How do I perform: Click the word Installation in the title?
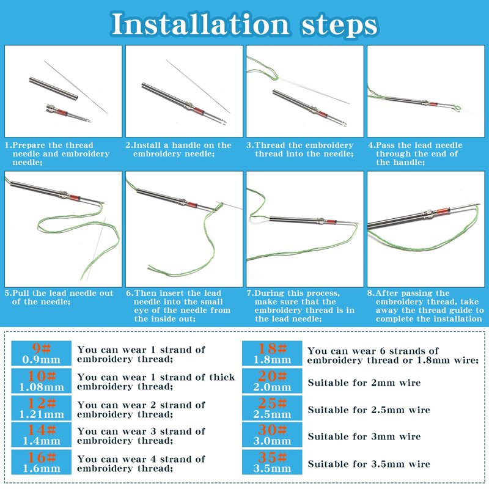(200, 24)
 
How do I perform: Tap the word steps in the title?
(339, 24)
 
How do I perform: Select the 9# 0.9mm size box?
(41, 353)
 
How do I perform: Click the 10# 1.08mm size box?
(41, 380)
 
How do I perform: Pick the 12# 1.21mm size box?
(41, 408)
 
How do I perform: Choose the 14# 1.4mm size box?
(41, 435)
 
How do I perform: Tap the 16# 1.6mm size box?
(41, 462)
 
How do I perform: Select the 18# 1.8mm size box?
(272, 353)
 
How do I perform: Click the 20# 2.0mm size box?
(272, 380)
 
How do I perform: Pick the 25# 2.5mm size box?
(272, 408)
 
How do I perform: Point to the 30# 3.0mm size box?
(272, 435)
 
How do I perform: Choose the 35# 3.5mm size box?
(272, 462)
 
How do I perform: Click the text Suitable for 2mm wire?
(364, 383)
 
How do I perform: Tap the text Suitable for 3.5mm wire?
(369, 464)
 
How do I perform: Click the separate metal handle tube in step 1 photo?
(54, 89)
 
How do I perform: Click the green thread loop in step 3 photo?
(262, 69)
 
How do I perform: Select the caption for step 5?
(59, 297)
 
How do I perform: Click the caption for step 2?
(178, 149)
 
